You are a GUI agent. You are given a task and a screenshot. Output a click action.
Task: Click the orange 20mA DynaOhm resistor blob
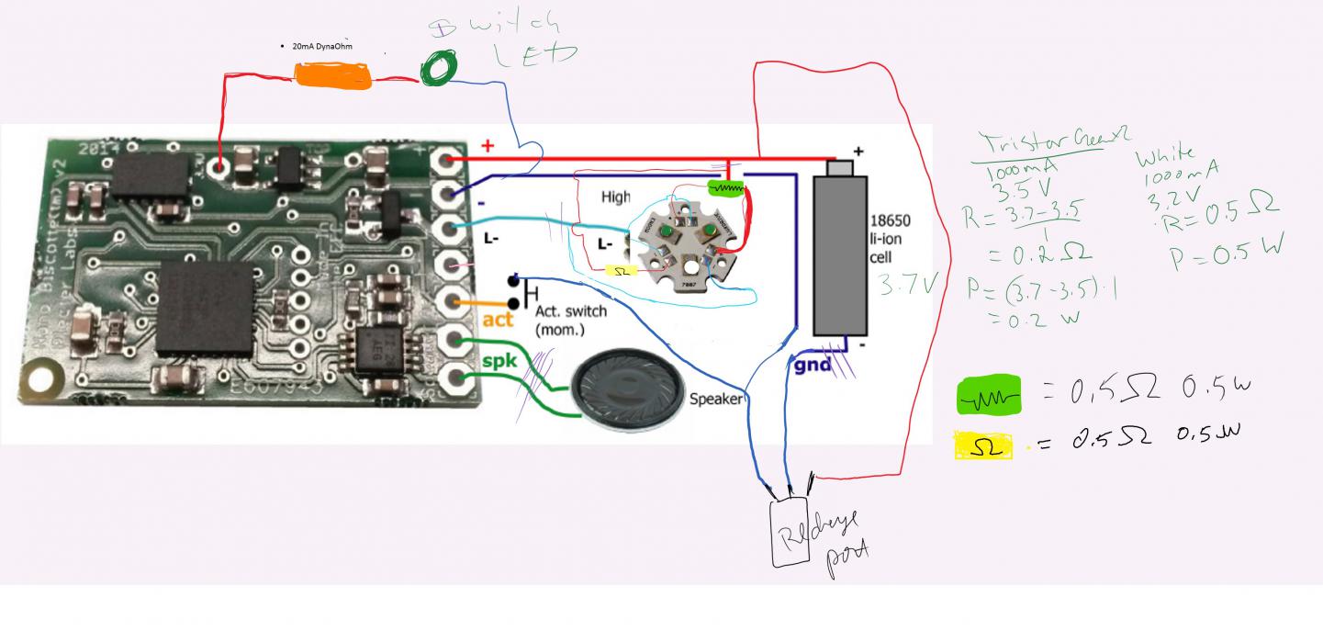point(332,74)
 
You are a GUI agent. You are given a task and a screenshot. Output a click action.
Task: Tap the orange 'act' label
point(498,321)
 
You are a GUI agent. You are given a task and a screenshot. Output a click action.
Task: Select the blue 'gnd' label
point(813,366)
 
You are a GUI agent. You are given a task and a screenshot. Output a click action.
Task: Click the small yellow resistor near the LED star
point(622,271)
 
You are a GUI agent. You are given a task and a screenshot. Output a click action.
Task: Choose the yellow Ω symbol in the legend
point(983,445)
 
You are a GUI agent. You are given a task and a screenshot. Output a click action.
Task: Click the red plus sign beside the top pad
point(488,146)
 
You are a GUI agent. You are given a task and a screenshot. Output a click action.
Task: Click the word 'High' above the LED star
point(616,197)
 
